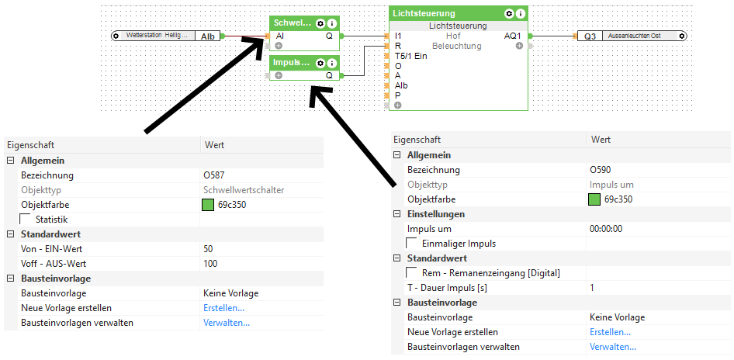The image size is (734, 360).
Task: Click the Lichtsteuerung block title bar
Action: [x=435, y=14]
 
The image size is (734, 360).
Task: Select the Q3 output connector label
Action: [x=590, y=36]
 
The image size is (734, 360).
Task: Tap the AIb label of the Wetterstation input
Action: [x=208, y=36]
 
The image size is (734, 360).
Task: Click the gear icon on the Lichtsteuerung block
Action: [x=509, y=14]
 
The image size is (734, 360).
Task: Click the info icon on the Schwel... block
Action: [x=331, y=23]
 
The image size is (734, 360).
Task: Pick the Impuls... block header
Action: [x=292, y=62]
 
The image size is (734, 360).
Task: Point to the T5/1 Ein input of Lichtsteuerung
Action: [x=411, y=56]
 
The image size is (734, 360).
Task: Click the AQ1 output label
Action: [x=513, y=36]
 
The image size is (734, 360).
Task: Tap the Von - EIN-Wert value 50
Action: [x=209, y=249]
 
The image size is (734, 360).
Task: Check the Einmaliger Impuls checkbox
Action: [x=412, y=244]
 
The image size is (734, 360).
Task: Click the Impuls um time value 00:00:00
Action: [x=606, y=229]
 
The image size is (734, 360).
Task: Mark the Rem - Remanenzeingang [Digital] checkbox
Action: [x=412, y=273]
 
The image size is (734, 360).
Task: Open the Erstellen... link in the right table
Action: [x=611, y=332]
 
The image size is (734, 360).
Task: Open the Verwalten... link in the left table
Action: [x=227, y=323]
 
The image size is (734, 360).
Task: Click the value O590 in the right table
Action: [x=601, y=170]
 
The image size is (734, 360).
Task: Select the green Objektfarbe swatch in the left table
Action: [x=208, y=205]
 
